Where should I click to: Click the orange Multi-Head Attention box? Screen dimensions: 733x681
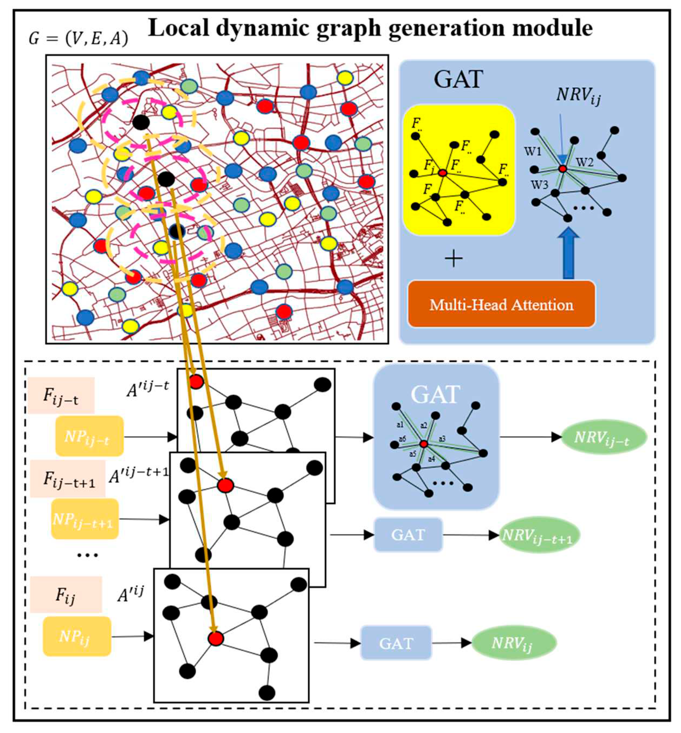click(x=501, y=304)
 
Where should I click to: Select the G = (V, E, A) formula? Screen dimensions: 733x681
click(x=79, y=38)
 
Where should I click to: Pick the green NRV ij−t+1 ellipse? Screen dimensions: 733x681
click(x=539, y=535)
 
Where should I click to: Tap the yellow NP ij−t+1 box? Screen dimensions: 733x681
click(x=85, y=519)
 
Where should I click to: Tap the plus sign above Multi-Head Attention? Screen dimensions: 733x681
click(x=454, y=259)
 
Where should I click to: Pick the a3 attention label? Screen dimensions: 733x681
click(x=442, y=439)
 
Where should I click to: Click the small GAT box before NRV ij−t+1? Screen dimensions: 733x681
click(x=408, y=535)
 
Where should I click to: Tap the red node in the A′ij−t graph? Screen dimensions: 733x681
click(x=196, y=382)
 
